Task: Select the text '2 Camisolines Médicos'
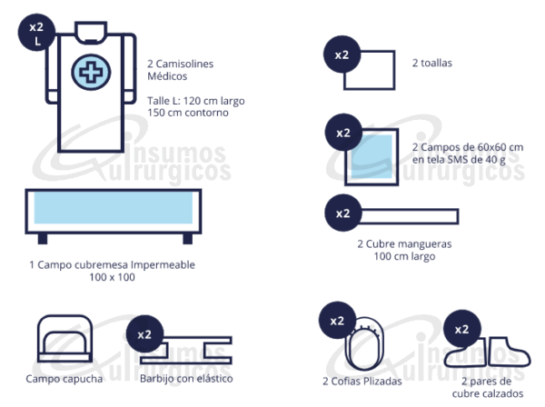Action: (185, 71)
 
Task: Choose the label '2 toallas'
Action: (431, 64)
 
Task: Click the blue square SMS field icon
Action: (371, 155)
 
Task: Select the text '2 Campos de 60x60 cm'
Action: (467, 146)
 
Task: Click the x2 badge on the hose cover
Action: (342, 214)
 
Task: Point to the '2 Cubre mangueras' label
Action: (403, 243)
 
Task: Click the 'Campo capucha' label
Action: (64, 379)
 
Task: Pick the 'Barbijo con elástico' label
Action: (186, 378)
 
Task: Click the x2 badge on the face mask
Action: (144, 333)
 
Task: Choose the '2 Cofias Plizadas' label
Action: (362, 382)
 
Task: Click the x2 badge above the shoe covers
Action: (461, 329)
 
